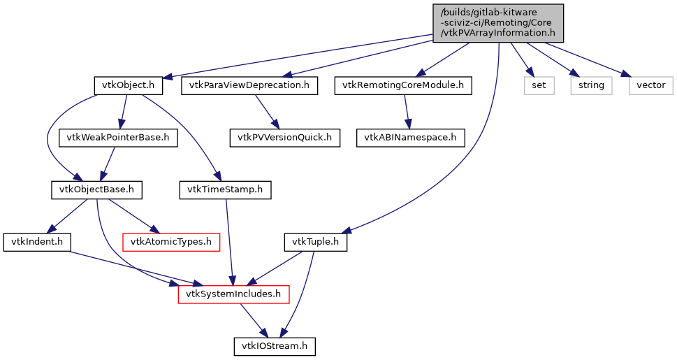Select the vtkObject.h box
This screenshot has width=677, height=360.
pos(129,86)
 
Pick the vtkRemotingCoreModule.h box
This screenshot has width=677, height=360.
pos(402,86)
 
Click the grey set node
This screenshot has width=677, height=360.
pos(539,86)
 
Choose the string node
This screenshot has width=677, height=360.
pos(591,86)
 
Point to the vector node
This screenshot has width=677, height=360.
pos(651,86)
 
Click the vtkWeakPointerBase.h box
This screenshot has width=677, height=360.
pos(118,138)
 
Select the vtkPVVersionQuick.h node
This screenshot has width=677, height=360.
pos(285,138)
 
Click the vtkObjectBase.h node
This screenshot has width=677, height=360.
pos(97,189)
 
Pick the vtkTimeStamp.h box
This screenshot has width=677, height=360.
pos(225,189)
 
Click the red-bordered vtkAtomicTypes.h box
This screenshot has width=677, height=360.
pos(171,243)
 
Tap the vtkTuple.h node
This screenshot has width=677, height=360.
pos(315,243)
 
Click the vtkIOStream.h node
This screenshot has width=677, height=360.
pos(275,346)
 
